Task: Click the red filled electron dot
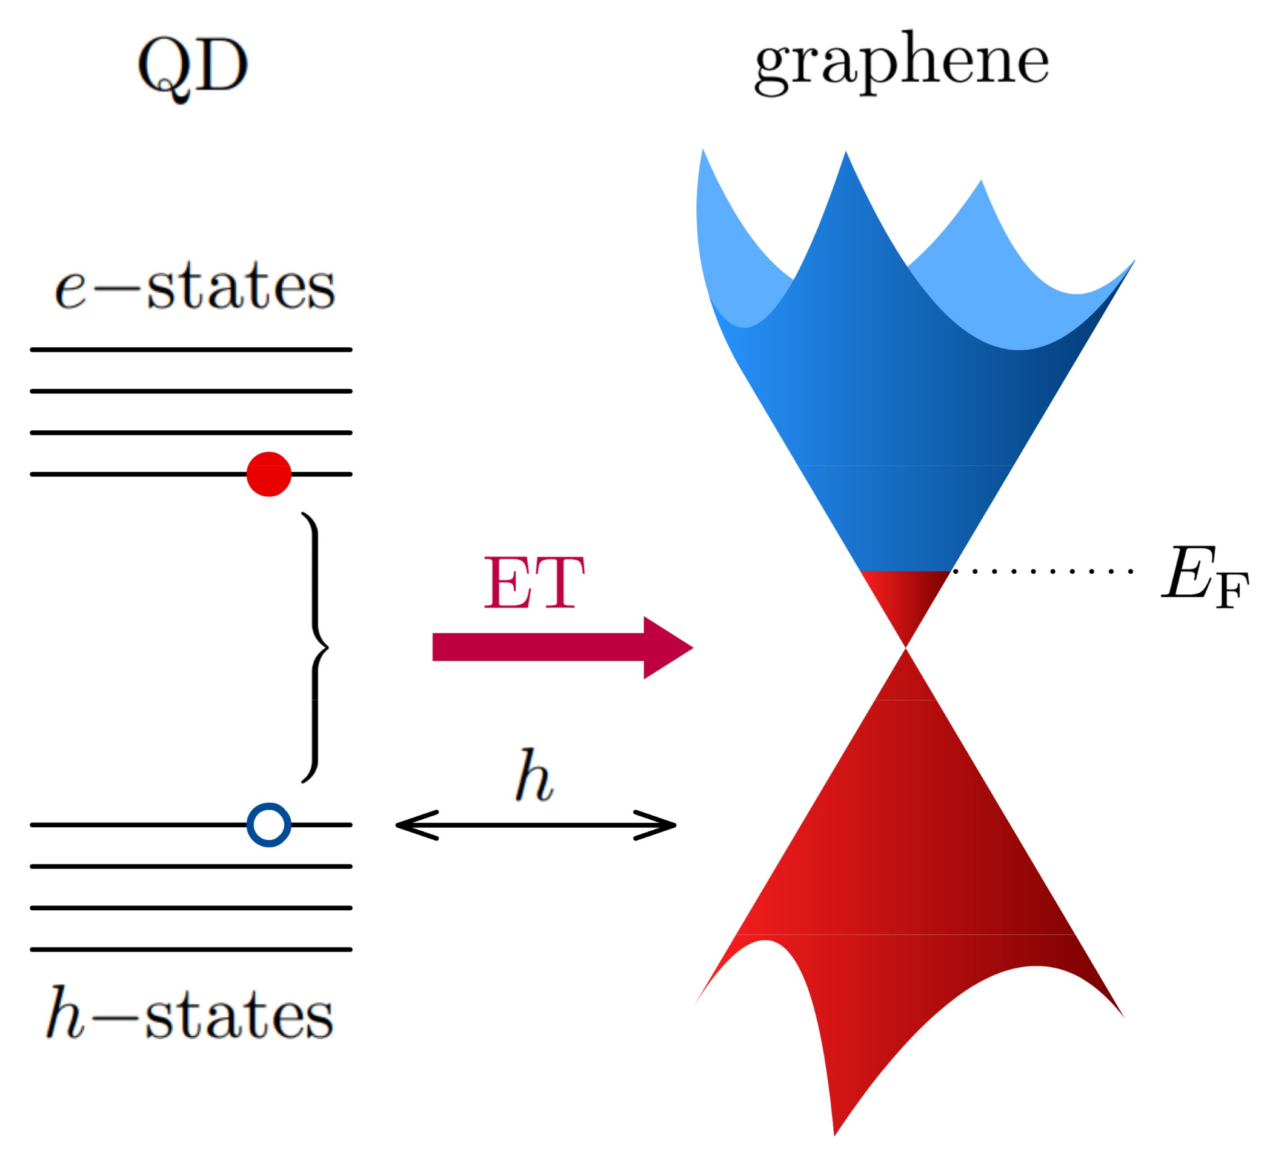pyautogui.click(x=269, y=474)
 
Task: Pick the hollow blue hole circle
pyautogui.click(x=269, y=825)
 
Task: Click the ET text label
pyautogui.click(x=534, y=584)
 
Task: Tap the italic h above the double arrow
pyautogui.click(x=534, y=776)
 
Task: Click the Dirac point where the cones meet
pyautogui.click(x=905, y=648)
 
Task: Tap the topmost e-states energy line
pyautogui.click(x=191, y=350)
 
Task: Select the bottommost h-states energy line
pyautogui.click(x=191, y=950)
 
